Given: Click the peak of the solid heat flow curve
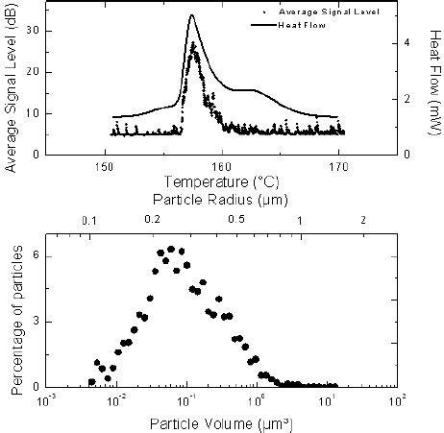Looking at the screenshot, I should click(192, 15).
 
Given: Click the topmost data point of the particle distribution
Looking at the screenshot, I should click(170, 249).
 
